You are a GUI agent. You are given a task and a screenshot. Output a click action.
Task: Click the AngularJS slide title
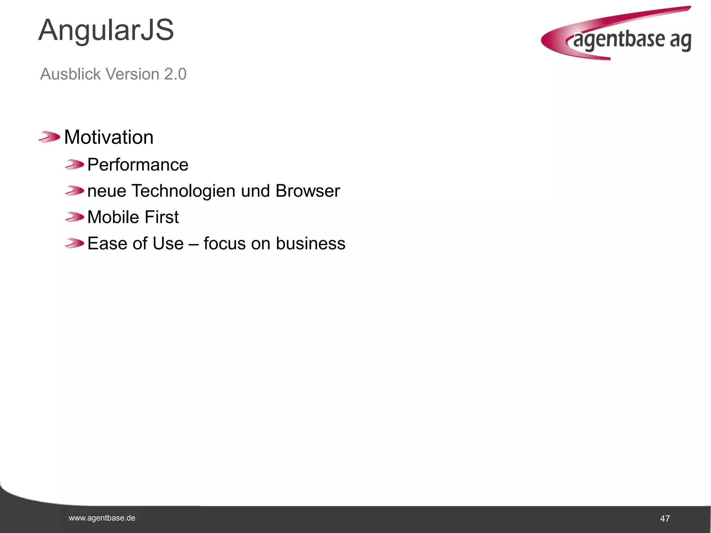pyautogui.click(x=106, y=31)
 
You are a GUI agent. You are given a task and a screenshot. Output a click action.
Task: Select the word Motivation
pyautogui.click(x=109, y=137)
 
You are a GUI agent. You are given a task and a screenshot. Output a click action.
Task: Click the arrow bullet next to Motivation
pyautogui.click(x=49, y=137)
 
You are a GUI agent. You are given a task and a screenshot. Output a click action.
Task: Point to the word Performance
pyautogui.click(x=138, y=164)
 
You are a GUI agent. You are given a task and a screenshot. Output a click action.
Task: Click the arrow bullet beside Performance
pyautogui.click(x=74, y=164)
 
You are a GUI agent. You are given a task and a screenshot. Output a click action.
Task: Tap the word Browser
pyautogui.click(x=308, y=191)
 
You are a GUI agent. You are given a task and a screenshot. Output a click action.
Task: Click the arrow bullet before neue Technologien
pyautogui.click(x=74, y=191)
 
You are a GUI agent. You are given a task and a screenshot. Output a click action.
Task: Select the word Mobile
pyautogui.click(x=113, y=217)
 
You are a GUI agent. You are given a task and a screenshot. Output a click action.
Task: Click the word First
pyautogui.click(x=161, y=217)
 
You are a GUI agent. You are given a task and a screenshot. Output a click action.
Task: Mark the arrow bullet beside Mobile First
pyautogui.click(x=74, y=217)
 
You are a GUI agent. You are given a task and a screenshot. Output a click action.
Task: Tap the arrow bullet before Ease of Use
pyautogui.click(x=74, y=243)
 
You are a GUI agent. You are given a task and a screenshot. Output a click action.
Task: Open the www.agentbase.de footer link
pyautogui.click(x=102, y=518)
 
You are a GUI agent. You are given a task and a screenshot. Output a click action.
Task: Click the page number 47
pyautogui.click(x=665, y=519)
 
